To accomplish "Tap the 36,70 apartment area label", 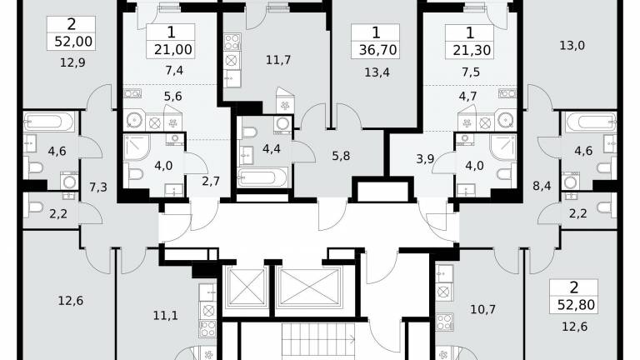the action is pyautogui.click(x=378, y=50).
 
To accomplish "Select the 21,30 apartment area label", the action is pyautogui.click(x=472, y=50).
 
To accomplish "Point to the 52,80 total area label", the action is pyautogui.click(x=577, y=305).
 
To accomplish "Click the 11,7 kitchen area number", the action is pyautogui.click(x=278, y=60).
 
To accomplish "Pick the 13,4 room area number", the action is pyautogui.click(x=377, y=72).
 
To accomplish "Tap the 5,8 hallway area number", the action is pyautogui.click(x=341, y=156).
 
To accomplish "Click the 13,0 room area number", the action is pyautogui.click(x=572, y=45).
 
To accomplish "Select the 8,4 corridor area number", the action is pyautogui.click(x=542, y=186).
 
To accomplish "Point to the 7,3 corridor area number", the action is pyautogui.click(x=98, y=187).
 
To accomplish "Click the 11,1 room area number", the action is pyautogui.click(x=165, y=315).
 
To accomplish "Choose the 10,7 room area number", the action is pyautogui.click(x=482, y=309).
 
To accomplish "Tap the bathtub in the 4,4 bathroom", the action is pyautogui.click(x=262, y=178).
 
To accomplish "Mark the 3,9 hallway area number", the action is pyautogui.click(x=425, y=159).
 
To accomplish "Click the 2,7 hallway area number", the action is pyautogui.click(x=211, y=181).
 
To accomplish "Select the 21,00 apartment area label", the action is pyautogui.click(x=173, y=50).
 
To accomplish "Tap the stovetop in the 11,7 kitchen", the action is pyautogui.click(x=232, y=42).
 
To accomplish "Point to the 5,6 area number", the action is pyautogui.click(x=172, y=97).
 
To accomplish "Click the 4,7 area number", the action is pyautogui.click(x=467, y=97).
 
